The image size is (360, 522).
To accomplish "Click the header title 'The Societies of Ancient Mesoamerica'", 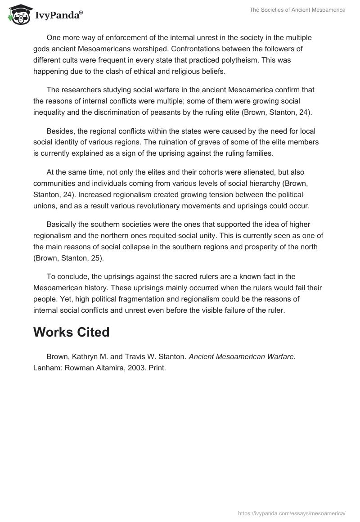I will [x=297, y=10].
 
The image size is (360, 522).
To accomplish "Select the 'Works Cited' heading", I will [x=72, y=332].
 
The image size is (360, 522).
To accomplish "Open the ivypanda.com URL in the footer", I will [x=292, y=513].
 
